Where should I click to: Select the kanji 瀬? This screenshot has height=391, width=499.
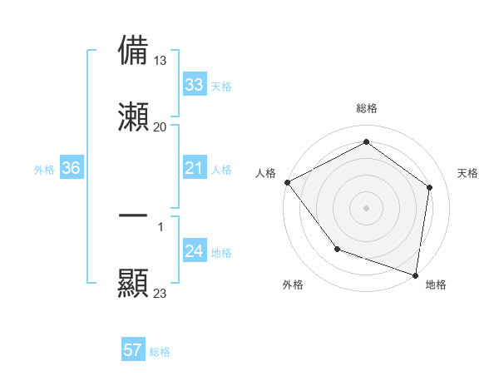[x=133, y=117]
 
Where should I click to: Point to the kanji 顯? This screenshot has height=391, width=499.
[x=133, y=283]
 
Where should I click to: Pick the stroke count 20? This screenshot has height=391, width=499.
[x=160, y=127]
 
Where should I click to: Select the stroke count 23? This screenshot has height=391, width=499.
[x=160, y=294]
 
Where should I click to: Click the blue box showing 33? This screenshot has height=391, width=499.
[x=194, y=85]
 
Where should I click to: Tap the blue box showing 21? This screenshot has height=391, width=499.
[x=194, y=169]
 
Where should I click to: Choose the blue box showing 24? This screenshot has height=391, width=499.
[x=194, y=251]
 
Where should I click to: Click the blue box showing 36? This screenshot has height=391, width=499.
[x=71, y=169]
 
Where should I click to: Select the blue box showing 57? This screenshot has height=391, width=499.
[x=133, y=350]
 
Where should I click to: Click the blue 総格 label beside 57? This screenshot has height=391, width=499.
[x=160, y=352]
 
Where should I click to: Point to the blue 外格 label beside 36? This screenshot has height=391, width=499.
[x=44, y=170]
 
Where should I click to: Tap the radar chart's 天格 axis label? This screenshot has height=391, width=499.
[x=468, y=173]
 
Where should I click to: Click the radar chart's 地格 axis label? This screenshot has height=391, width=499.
[x=436, y=285]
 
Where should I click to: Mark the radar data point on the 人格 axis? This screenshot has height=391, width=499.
[x=287, y=182]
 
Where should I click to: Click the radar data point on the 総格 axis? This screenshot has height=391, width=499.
[x=366, y=143]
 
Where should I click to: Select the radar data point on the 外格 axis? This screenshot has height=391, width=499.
[x=337, y=248]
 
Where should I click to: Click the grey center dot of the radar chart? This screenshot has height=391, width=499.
[x=366, y=207]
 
